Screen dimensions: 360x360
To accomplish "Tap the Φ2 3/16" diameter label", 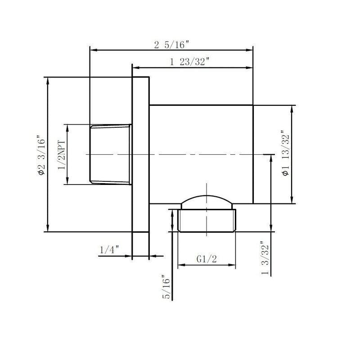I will point(41,155).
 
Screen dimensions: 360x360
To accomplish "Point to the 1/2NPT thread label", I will point(62,155).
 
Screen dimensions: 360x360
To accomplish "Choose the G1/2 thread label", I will point(207,259).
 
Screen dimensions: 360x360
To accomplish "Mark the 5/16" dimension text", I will point(167,288).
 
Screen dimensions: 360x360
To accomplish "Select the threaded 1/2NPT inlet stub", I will point(111,154).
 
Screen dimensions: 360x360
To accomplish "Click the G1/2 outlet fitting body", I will point(207,220).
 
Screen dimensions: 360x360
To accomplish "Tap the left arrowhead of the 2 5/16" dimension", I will point(93,50).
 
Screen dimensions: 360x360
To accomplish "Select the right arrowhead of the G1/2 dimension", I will point(234,265).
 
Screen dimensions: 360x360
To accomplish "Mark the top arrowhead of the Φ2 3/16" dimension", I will point(48,80).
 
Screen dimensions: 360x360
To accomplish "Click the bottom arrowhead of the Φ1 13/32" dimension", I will point(293,201).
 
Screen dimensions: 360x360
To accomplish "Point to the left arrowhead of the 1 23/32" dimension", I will point(135,68).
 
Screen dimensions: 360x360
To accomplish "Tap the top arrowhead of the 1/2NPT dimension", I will point(67,127).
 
